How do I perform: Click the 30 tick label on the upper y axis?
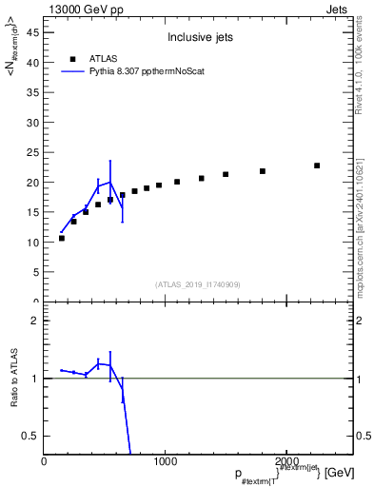point(36,123)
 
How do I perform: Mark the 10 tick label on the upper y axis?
point(36,243)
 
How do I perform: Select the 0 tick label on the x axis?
point(44,461)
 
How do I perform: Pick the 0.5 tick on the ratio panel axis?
point(33,436)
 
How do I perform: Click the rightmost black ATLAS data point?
point(317,166)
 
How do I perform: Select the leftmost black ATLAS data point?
point(62,238)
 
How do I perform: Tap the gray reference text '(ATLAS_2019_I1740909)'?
point(198,284)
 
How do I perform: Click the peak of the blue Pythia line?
point(110,182)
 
